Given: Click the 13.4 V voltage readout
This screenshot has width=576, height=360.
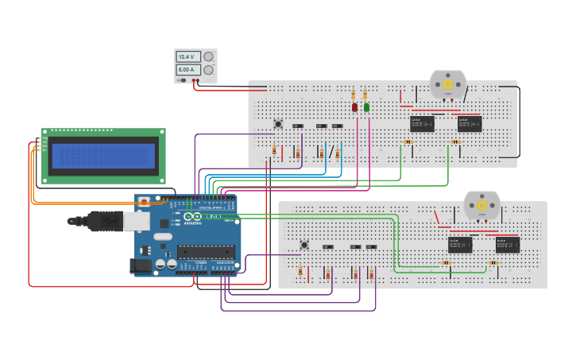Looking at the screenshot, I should pyautogui.click(x=187, y=57).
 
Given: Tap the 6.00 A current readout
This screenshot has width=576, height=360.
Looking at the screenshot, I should pyautogui.click(x=187, y=70).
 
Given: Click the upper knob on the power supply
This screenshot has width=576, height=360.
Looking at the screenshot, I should pyautogui.click(x=209, y=57).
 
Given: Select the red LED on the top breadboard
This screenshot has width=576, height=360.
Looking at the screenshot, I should pyautogui.click(x=355, y=106).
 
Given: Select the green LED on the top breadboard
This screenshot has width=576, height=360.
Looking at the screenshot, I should pyautogui.click(x=366, y=106).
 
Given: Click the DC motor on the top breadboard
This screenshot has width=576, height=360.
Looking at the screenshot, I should pyautogui.click(x=447, y=84).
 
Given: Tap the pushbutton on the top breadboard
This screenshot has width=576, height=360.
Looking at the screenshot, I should pyautogui.click(x=278, y=123).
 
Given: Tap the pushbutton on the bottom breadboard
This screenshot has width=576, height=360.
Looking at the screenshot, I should pyautogui.click(x=304, y=245).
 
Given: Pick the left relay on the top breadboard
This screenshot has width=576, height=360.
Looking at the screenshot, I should pyautogui.click(x=422, y=123).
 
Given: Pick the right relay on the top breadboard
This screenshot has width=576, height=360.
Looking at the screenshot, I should pyautogui.click(x=470, y=123).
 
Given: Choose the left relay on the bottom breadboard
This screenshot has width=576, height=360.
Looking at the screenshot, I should pyautogui.click(x=460, y=245).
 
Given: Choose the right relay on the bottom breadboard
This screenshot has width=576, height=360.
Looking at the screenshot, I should pyautogui.click(x=508, y=245).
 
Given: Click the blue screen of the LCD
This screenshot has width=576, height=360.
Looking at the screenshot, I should pyautogui.click(x=103, y=156).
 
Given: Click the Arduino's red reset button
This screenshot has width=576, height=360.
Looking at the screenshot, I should pyautogui.click(x=144, y=203).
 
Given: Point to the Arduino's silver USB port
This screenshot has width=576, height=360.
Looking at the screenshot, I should pyautogui.click(x=143, y=221).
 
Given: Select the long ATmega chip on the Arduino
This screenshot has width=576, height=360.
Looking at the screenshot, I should pyautogui.click(x=205, y=252).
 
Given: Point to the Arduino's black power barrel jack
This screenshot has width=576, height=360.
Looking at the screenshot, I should pyautogui.click(x=141, y=266).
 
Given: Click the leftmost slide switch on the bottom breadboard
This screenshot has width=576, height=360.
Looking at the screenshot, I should pyautogui.click(x=327, y=247).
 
